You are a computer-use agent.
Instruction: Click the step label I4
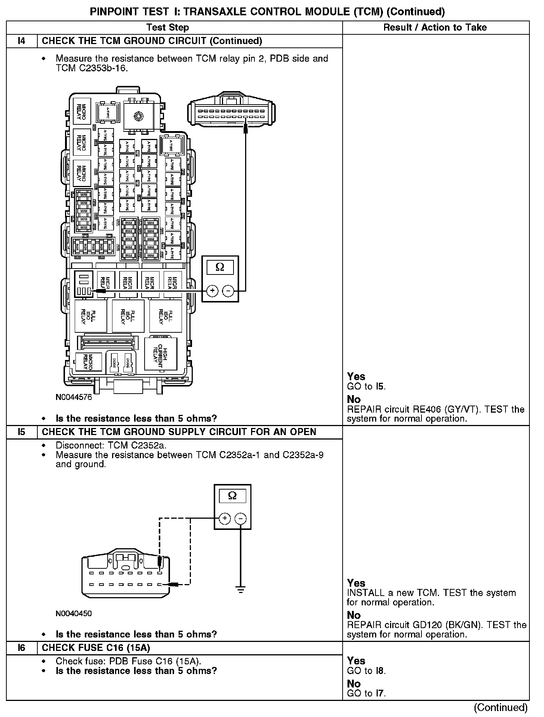coord(22,41)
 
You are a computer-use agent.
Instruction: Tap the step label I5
coord(22,432)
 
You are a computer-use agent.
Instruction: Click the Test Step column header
coord(167,27)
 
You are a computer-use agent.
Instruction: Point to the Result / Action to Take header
coord(435,27)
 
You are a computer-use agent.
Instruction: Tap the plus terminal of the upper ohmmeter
coord(212,291)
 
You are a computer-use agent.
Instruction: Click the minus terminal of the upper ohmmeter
coord(228,291)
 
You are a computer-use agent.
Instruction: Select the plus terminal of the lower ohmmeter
coord(225,518)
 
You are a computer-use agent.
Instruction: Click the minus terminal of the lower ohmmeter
coord(240,518)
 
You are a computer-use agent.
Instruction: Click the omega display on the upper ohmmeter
coord(220,267)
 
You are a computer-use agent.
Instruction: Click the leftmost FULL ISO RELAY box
coord(90,316)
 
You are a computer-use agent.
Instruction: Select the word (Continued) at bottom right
coord(500,707)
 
